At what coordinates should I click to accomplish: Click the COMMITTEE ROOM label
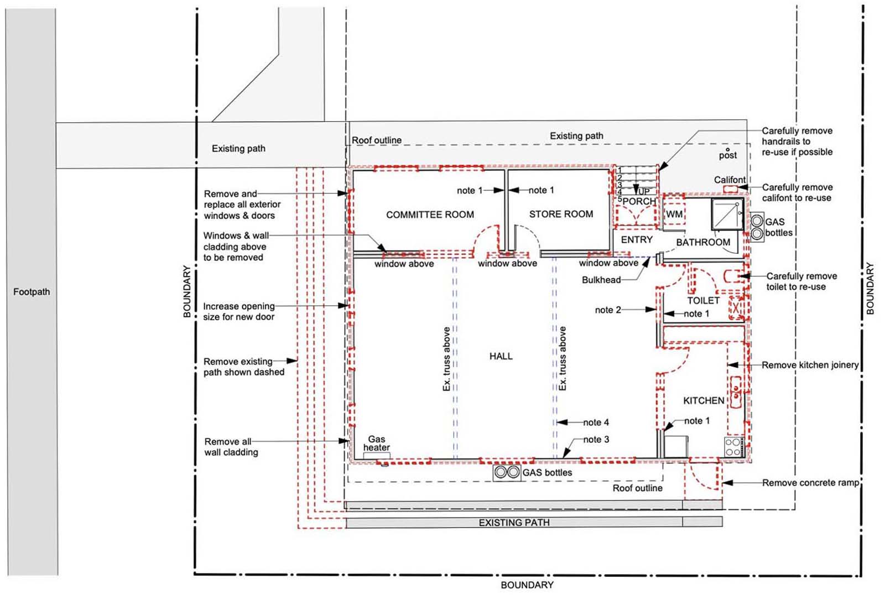[x=430, y=215]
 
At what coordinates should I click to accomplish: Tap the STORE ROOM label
[x=561, y=214]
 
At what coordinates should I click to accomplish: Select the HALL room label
[x=501, y=356]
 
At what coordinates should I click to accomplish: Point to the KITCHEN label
[x=704, y=400]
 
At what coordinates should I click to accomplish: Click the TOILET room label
[x=703, y=301]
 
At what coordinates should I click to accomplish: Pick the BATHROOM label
[x=703, y=242]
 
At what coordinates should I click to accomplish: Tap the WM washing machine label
[x=674, y=214]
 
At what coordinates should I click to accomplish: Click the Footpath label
[x=32, y=292]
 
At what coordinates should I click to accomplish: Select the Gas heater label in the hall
[x=377, y=443]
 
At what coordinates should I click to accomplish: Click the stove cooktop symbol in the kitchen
[x=734, y=447]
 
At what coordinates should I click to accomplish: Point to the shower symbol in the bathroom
[x=727, y=214]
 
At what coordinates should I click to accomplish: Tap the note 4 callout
[x=596, y=422]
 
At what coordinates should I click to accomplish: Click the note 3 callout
[x=596, y=439]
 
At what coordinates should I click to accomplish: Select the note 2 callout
[x=608, y=310]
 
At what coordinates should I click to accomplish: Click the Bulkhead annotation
[x=601, y=280]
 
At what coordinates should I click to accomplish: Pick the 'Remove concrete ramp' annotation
[x=811, y=483]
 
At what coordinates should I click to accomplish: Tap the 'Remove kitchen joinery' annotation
[x=810, y=365]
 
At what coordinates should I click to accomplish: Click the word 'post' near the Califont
[x=728, y=155]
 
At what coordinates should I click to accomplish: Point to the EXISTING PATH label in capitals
[x=514, y=523]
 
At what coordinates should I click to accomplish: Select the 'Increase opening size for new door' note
[x=238, y=311]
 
